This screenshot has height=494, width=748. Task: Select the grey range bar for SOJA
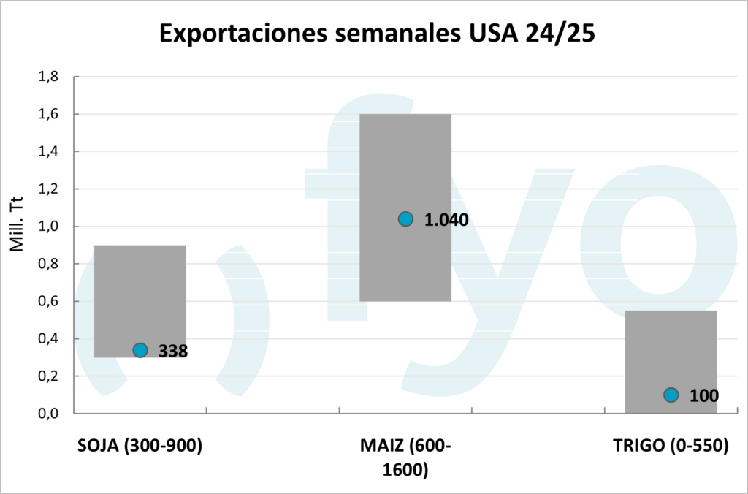pos(140,292)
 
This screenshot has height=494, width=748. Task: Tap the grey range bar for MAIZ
pos(405,161)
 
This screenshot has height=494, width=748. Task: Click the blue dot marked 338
pos(140,350)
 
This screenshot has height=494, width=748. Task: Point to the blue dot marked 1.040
pos(405,218)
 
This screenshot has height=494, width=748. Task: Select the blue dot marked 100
pos(671,395)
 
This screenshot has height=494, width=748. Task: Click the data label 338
pos(173,351)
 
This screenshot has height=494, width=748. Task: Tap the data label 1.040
pos(446,220)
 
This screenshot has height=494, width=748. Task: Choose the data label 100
pos(704,396)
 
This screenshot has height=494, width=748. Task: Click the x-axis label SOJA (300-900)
pos(140,446)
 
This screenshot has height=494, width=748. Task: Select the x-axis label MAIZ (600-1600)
pos(405,457)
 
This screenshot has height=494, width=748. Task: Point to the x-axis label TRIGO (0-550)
pos(671,446)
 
